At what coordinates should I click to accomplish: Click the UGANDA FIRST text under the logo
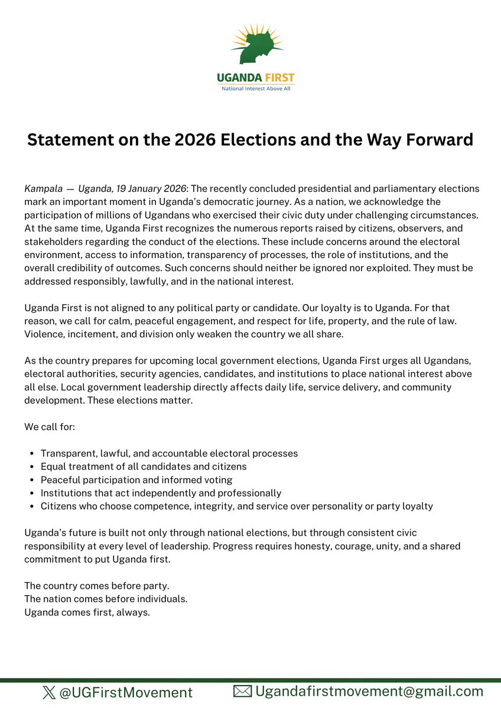click(255, 78)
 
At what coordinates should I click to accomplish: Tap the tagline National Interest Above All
click(255, 89)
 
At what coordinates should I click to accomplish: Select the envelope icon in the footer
click(242, 691)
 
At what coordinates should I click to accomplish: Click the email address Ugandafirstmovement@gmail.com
click(369, 691)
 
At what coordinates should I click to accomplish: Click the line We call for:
click(50, 426)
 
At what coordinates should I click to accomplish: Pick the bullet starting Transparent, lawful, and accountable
click(169, 453)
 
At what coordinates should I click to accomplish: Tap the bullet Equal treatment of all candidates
click(144, 466)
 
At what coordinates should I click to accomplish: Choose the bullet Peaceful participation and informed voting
click(136, 479)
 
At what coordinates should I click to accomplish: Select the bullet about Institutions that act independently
click(161, 492)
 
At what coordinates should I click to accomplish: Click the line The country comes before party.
click(97, 586)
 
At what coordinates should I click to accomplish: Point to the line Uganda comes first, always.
click(87, 612)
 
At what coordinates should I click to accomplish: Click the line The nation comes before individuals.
click(106, 599)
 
